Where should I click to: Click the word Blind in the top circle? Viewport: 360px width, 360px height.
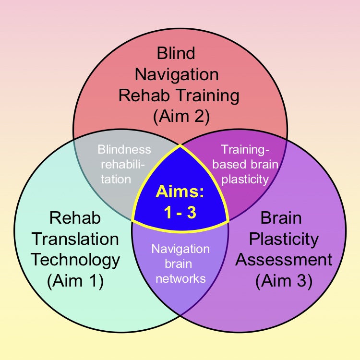click(x=177, y=53)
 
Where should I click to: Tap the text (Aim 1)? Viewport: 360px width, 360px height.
click(x=75, y=281)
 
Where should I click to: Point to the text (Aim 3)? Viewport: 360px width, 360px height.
click(x=284, y=281)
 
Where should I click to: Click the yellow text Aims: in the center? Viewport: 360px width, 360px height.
click(x=180, y=192)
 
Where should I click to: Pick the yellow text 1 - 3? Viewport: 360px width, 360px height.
click(x=180, y=213)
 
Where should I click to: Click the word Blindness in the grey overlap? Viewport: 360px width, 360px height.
click(x=124, y=149)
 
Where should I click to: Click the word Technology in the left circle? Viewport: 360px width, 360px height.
click(x=75, y=260)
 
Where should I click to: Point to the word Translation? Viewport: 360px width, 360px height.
click(x=75, y=239)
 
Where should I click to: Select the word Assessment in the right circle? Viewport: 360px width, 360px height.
click(x=284, y=260)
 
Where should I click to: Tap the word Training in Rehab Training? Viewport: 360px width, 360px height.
click(x=209, y=95)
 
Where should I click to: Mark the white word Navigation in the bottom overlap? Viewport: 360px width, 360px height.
click(x=180, y=249)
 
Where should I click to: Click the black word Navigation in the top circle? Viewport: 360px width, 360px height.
click(x=177, y=74)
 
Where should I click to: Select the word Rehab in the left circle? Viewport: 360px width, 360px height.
click(x=75, y=217)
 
